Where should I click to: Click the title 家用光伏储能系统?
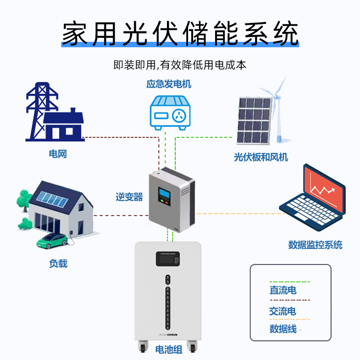(x=180, y=34)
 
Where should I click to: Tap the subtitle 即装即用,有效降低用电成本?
(x=180, y=65)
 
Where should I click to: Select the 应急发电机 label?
(x=169, y=84)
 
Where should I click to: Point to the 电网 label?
(x=58, y=154)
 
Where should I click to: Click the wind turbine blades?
(x=278, y=92)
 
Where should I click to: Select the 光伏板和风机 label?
(x=261, y=157)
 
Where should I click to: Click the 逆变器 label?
(x=129, y=197)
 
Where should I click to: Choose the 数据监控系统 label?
(x=315, y=245)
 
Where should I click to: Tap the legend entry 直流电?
(x=283, y=290)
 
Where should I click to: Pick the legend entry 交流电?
(x=283, y=311)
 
